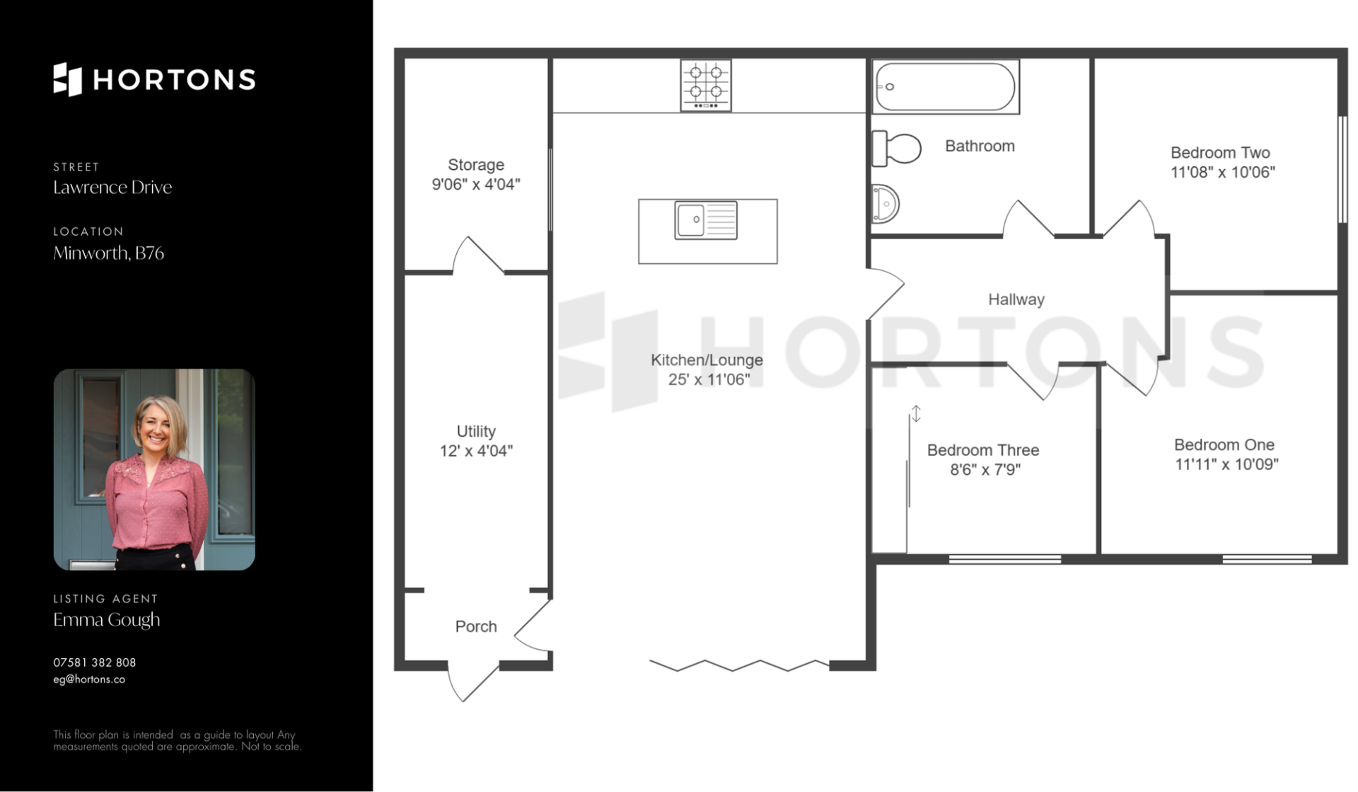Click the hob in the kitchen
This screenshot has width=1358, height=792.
tap(705, 85)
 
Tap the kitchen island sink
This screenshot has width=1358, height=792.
tap(706, 219)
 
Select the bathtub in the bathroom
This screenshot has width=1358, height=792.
tap(946, 86)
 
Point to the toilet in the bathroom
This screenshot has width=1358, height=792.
tap(896, 148)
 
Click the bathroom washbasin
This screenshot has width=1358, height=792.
tap(885, 204)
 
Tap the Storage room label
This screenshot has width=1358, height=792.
tap(476, 165)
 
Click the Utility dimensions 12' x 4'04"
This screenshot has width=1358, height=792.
tap(476, 451)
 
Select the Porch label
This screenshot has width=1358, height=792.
tap(476, 626)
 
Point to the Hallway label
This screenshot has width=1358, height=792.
tap(1016, 299)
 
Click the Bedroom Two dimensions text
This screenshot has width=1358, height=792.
tap(1223, 172)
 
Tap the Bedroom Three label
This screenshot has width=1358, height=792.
tap(983, 450)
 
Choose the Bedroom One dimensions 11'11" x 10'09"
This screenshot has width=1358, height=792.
tap(1226, 464)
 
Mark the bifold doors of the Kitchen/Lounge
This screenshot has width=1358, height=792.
tap(740, 665)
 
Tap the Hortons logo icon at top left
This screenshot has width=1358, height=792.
tap(68, 79)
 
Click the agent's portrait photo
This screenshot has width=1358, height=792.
tap(154, 469)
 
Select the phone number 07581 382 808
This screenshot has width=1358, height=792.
tap(95, 662)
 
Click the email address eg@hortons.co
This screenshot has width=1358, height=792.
tap(89, 679)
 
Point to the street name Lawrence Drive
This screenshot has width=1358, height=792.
tap(112, 187)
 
